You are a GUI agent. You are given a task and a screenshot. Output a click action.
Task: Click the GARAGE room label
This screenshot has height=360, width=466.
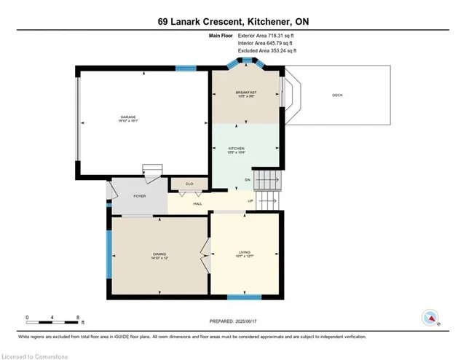128,117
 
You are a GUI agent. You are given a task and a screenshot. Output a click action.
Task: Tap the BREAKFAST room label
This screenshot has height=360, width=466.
244,93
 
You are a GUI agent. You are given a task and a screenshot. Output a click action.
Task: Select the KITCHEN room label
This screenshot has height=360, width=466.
244,148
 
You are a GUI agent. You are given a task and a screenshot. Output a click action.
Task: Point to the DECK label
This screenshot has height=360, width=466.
336,95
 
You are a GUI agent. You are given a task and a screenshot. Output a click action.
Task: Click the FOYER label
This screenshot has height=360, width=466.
140,195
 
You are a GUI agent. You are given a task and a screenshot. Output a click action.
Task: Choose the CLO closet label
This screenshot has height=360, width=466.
189,184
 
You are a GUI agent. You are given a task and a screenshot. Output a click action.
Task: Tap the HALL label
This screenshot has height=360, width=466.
197,203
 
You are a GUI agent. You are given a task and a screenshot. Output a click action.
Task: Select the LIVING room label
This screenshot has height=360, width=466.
244,252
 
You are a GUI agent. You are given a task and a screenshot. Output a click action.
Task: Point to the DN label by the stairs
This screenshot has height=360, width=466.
248,179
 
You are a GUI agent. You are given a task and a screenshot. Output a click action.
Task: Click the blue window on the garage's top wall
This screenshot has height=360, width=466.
186,69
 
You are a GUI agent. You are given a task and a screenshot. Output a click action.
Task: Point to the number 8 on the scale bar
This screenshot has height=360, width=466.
77,317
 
